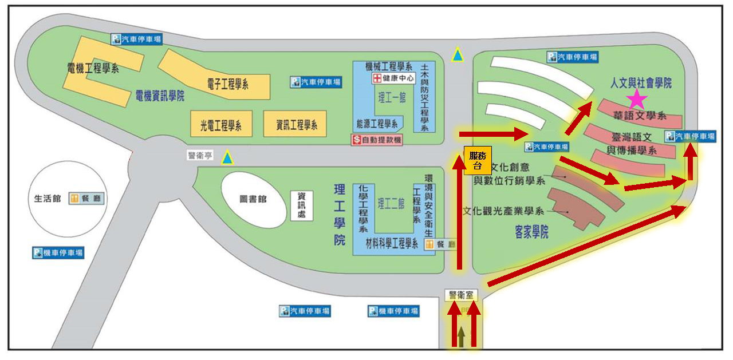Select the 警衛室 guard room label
460,295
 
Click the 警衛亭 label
200,155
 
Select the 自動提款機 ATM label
377,140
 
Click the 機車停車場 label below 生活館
58,252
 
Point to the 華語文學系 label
639,115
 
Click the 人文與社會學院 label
641,84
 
